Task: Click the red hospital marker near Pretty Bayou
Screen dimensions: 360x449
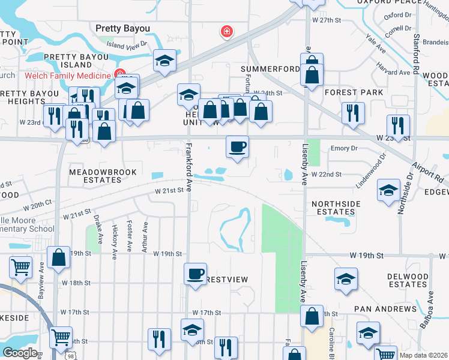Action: click(227, 31)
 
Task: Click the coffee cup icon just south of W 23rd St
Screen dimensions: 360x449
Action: click(238, 146)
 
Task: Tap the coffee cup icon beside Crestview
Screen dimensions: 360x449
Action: click(194, 274)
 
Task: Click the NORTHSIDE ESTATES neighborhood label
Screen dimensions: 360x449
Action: click(336, 208)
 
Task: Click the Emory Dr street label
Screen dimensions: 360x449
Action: click(343, 148)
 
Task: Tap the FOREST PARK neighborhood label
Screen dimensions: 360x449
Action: click(354, 92)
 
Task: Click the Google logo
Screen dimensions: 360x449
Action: click(20, 353)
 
